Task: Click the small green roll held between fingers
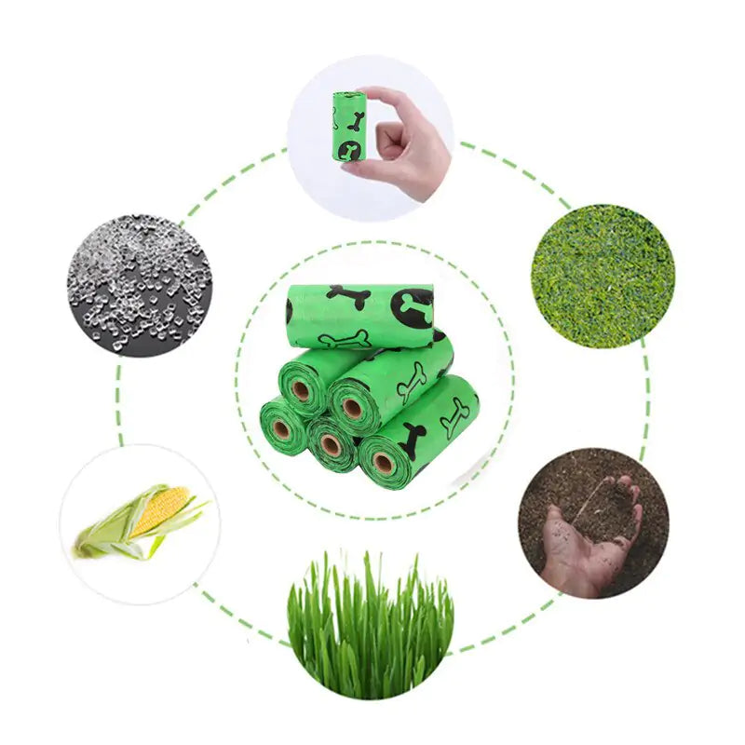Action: click(x=346, y=125)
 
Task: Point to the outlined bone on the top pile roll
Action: click(x=345, y=339)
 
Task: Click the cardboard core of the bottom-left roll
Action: click(x=281, y=430)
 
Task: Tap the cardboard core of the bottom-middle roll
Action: click(x=331, y=445)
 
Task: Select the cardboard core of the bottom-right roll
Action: click(x=383, y=462)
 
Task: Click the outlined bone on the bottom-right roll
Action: click(x=454, y=416)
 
